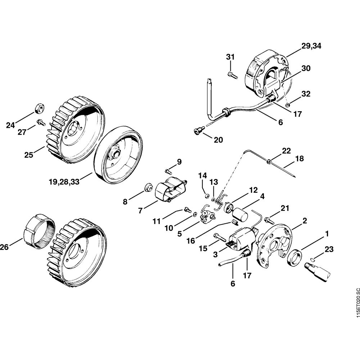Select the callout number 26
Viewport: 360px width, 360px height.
click(5, 247)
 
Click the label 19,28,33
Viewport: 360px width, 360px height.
click(64, 182)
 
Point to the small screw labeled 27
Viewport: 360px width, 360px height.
click(41, 122)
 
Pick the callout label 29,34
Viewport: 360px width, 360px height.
click(312, 46)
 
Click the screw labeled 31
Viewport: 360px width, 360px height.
click(232, 75)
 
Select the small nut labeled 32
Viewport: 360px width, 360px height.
click(287, 105)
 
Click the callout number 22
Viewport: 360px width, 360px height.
click(286, 151)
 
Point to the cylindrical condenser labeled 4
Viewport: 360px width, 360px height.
click(240, 213)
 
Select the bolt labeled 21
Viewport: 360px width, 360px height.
click(268, 219)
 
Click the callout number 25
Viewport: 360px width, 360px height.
click(29, 155)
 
